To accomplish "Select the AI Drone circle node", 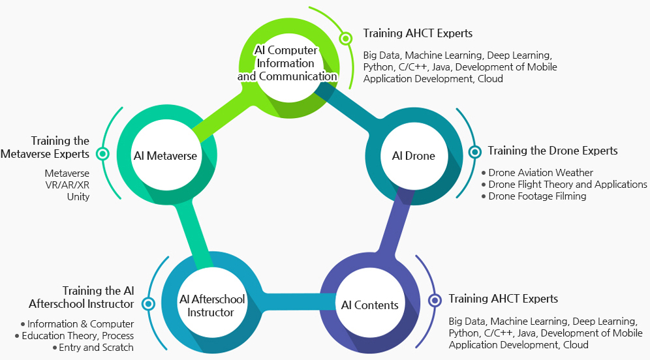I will (x=413, y=156).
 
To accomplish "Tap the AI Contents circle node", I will (x=369, y=305).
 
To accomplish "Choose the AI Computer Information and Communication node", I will (x=286, y=63).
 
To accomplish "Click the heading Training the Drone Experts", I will (x=552, y=151).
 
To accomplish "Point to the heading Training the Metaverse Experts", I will (x=45, y=147).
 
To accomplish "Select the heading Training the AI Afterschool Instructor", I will (x=82, y=297).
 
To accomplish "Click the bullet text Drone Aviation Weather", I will (x=540, y=173).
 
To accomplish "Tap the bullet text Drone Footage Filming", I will (x=537, y=196).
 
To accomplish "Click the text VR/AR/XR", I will (x=67, y=185).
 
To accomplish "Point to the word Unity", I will (x=78, y=196).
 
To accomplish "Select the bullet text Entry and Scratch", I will (x=96, y=348).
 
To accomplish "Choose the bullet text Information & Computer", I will (x=80, y=324).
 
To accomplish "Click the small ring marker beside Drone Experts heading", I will (x=474, y=151).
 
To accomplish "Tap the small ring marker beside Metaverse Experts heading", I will (x=102, y=154).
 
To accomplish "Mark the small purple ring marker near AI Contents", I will (x=434, y=300).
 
